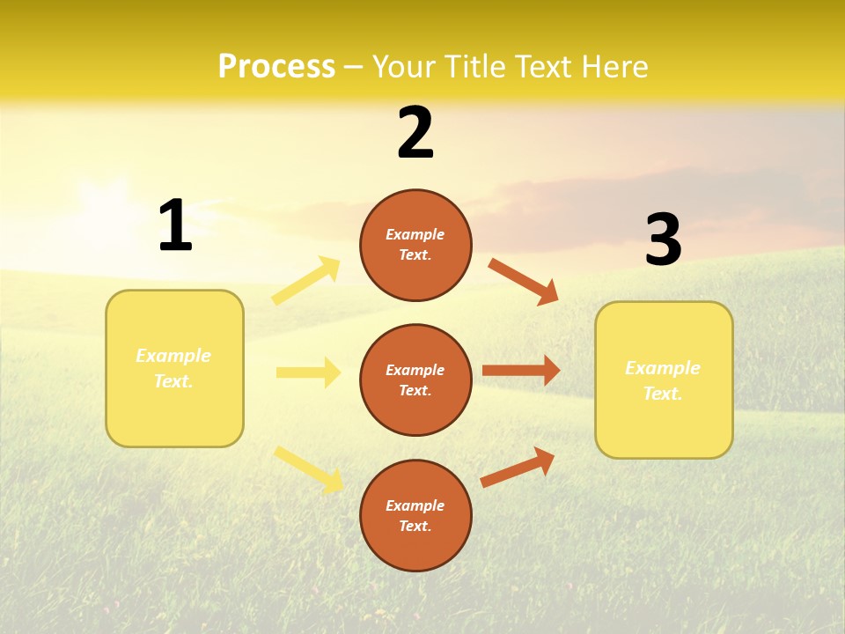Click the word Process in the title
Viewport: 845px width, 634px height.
pyautogui.click(x=276, y=67)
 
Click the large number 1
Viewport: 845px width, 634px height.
pyautogui.click(x=175, y=226)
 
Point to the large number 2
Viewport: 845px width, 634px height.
pyautogui.click(x=415, y=133)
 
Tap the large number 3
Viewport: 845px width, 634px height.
pyautogui.click(x=663, y=240)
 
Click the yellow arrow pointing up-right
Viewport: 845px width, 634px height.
pyautogui.click(x=306, y=281)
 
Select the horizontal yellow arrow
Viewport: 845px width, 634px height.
pyautogui.click(x=308, y=372)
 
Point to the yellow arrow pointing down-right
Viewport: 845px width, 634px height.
pyautogui.click(x=309, y=468)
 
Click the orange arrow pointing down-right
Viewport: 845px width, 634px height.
pyautogui.click(x=523, y=282)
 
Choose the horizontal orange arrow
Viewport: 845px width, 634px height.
pyautogui.click(x=521, y=371)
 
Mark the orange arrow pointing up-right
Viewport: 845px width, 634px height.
pyautogui.click(x=518, y=468)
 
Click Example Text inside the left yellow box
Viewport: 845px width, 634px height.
pyautogui.click(x=173, y=368)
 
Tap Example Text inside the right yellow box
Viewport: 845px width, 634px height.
pyautogui.click(x=663, y=380)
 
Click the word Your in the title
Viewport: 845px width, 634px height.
pyautogui.click(x=402, y=67)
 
